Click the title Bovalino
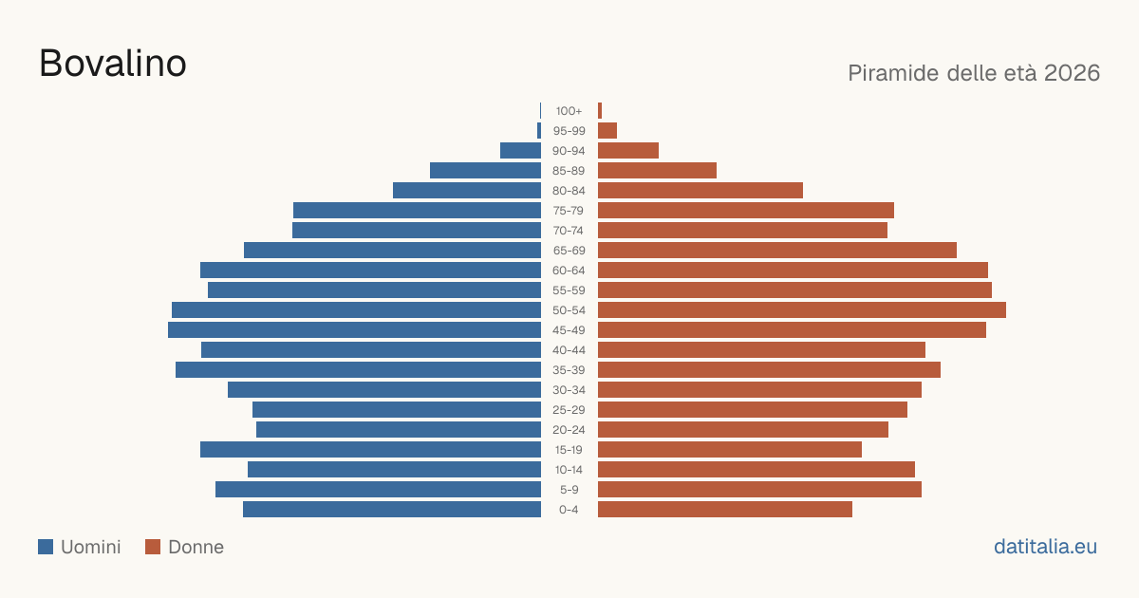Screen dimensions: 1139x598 (113, 64)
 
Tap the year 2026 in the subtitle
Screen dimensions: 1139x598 (1072, 73)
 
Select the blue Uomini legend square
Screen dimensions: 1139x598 (46, 547)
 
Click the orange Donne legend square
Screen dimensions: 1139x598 (153, 547)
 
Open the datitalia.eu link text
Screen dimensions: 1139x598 (1045, 547)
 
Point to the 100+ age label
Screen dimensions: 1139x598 (569, 111)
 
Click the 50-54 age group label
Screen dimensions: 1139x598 (569, 310)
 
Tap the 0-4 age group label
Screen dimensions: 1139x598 (569, 510)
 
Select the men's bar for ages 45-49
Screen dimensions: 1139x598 (354, 330)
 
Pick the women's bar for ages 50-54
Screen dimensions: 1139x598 (802, 310)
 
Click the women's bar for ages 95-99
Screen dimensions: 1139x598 (607, 131)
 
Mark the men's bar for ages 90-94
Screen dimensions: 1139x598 (521, 151)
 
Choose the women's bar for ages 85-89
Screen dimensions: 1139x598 (658, 170)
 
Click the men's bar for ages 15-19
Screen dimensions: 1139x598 (371, 450)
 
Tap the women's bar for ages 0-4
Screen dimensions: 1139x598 (725, 510)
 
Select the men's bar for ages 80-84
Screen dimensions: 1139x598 (467, 191)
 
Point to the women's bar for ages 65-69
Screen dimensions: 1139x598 (777, 251)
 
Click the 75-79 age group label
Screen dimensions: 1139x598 (569, 211)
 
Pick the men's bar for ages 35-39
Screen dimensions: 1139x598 (359, 369)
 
